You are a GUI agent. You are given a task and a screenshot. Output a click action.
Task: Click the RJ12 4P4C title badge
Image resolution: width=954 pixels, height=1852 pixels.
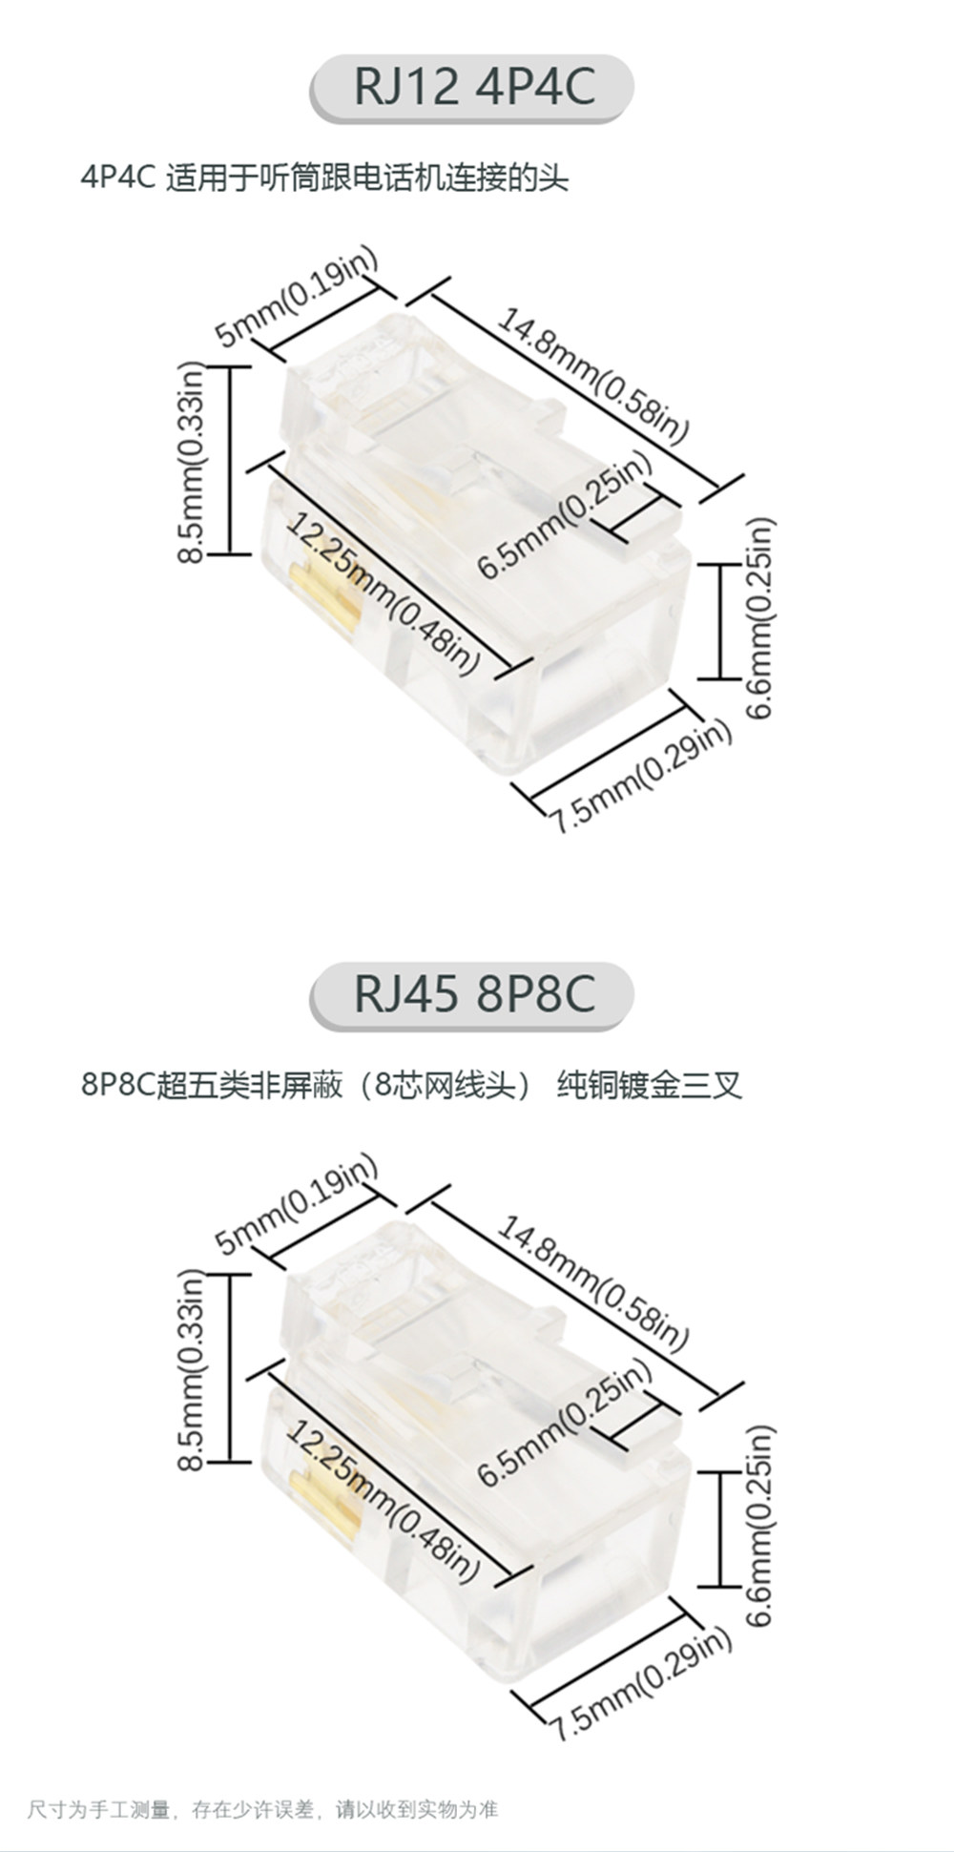[x=471, y=87]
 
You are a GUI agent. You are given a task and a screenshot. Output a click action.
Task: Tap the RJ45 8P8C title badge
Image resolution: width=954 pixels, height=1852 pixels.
[x=471, y=995]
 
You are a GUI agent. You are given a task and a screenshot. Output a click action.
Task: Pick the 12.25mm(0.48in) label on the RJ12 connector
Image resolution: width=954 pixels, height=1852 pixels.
[x=382, y=593]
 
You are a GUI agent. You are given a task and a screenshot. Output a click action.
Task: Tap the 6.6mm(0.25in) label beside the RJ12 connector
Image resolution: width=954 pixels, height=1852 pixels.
[x=760, y=618]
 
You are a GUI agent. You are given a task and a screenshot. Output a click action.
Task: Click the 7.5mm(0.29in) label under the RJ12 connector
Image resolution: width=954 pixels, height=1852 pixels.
[x=640, y=777]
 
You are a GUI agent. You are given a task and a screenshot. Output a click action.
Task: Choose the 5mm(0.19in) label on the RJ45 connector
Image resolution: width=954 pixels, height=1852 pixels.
[x=297, y=1204]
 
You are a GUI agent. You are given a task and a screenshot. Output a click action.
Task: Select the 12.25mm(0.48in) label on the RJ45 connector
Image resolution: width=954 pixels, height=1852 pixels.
[x=382, y=1502]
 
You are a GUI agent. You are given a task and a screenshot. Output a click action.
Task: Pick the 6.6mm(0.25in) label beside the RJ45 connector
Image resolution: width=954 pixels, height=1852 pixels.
[x=760, y=1527]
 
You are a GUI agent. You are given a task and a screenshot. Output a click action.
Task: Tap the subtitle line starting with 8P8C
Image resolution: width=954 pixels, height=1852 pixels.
[x=411, y=1086]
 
